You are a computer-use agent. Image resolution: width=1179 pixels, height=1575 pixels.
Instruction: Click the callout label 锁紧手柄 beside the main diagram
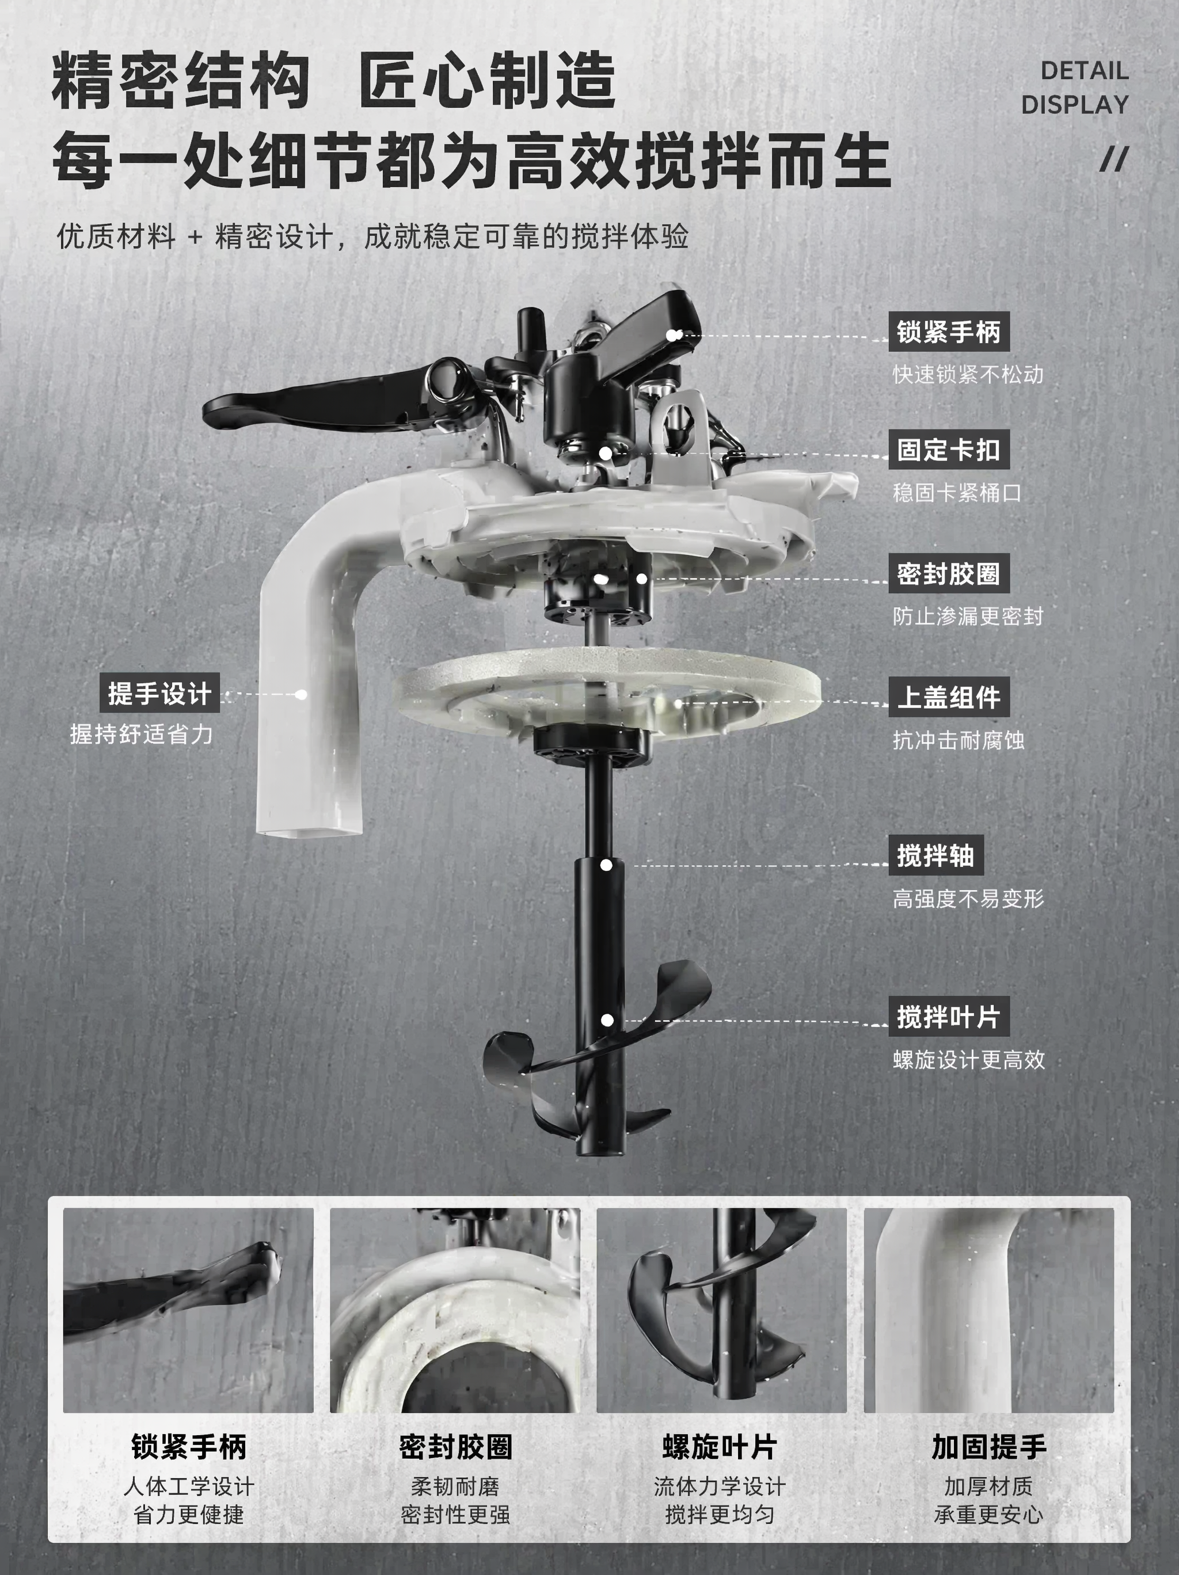click(948, 332)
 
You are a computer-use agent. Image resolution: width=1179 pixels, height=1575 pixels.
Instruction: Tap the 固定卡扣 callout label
click(948, 450)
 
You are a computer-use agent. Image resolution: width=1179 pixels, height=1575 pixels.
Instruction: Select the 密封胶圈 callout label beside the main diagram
click(948, 574)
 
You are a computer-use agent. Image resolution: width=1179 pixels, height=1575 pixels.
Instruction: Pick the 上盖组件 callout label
click(948, 697)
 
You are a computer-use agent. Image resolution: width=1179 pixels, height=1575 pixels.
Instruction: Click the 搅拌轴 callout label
click(935, 855)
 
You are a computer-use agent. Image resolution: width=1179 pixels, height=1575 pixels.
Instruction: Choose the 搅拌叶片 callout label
click(948, 1017)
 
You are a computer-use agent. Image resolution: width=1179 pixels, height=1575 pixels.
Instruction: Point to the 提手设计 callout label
click(159, 693)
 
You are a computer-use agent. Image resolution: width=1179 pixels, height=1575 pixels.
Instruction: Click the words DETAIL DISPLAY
click(1075, 87)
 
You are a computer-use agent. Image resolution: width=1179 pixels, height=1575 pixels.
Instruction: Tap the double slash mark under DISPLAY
click(1114, 159)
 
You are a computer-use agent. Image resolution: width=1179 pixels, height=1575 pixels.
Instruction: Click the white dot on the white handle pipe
click(301, 694)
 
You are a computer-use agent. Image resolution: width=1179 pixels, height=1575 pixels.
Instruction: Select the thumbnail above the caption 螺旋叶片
click(721, 1311)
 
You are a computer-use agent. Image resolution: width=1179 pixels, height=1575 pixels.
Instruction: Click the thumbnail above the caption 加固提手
click(989, 1311)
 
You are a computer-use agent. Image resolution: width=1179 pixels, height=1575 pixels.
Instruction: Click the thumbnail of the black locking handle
click(188, 1311)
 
